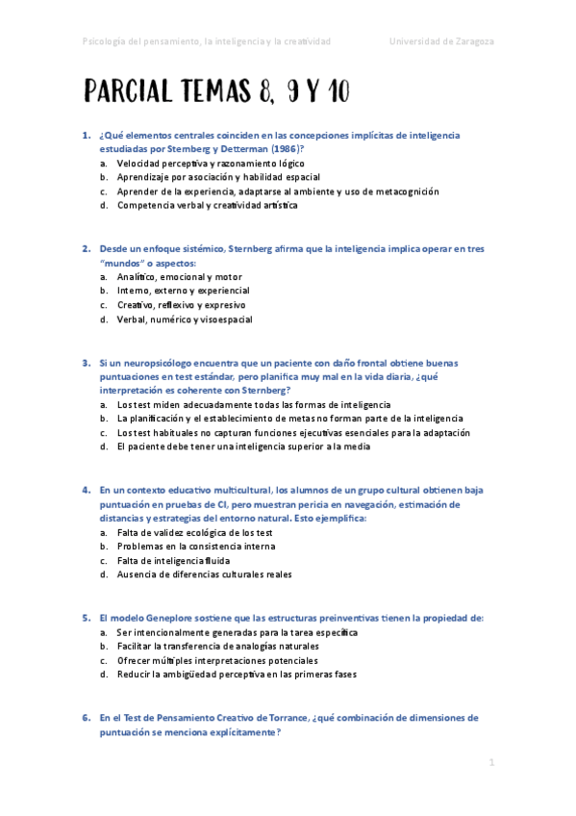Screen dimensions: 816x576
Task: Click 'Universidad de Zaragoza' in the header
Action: tap(441, 41)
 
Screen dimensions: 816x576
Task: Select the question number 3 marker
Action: tap(86, 363)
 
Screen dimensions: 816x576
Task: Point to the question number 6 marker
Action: tap(86, 718)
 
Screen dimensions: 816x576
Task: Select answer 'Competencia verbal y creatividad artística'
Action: tap(207, 205)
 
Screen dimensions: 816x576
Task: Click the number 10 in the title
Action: tap(334, 92)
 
